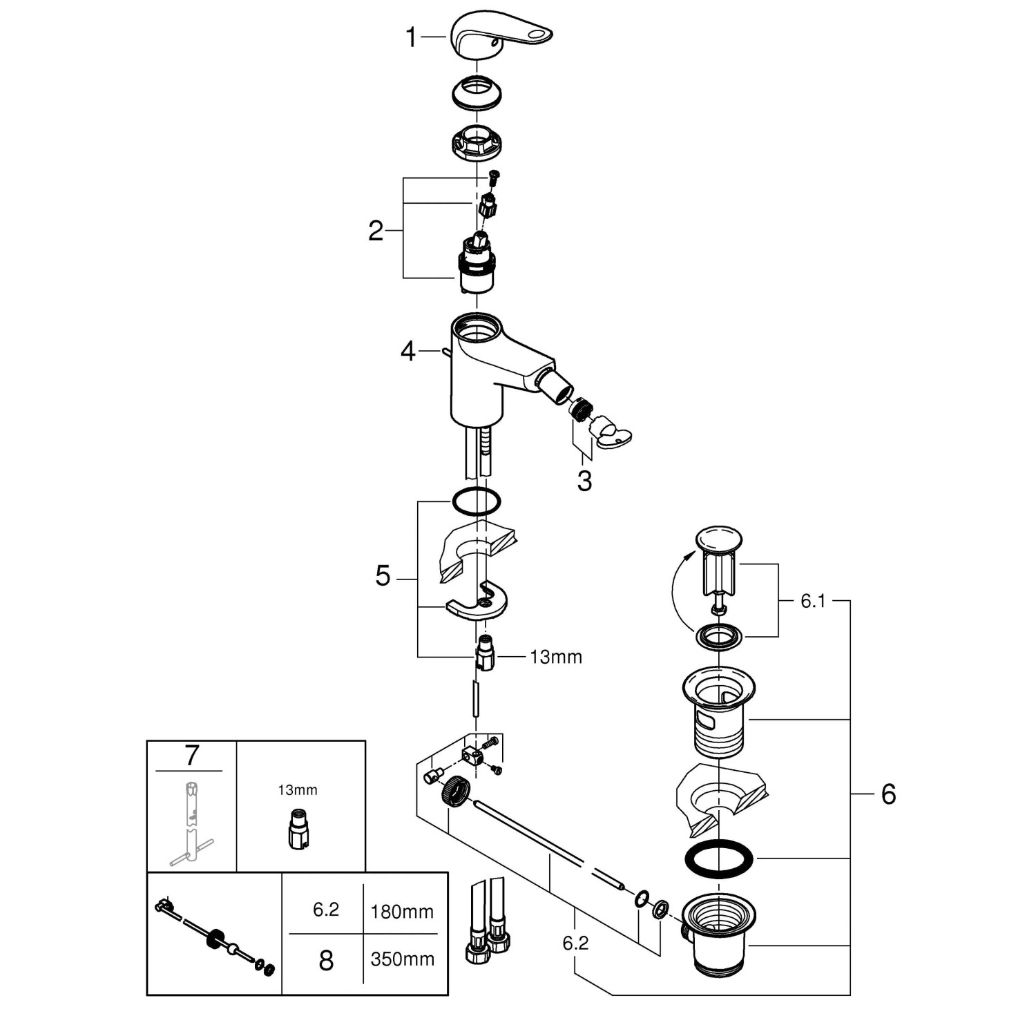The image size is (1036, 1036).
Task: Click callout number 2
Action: coord(375,231)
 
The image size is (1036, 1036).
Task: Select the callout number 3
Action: coord(584,481)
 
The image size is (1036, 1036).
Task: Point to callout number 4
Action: coord(407,352)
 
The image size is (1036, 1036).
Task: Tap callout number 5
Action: coord(383,575)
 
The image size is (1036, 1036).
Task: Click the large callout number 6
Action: coord(888,794)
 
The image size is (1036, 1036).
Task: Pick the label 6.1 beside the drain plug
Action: coord(813,601)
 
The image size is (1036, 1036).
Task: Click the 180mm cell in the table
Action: coord(402,912)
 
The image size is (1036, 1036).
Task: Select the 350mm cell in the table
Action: coord(402,959)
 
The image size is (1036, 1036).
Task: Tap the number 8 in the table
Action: coord(326,960)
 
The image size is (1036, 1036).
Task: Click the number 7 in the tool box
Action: coord(191,756)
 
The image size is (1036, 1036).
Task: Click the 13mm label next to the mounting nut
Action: coord(556,657)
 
